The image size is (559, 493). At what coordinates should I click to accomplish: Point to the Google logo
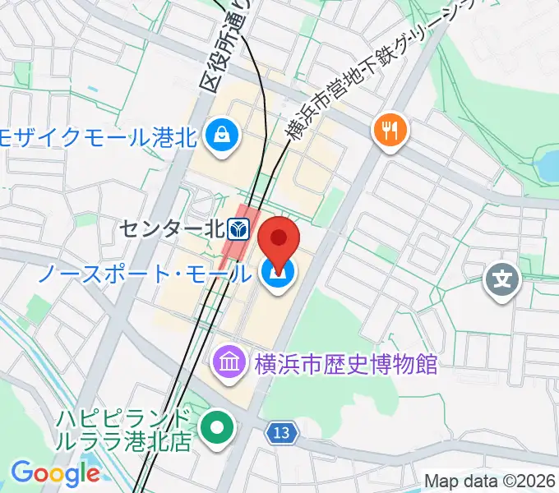(55, 473)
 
